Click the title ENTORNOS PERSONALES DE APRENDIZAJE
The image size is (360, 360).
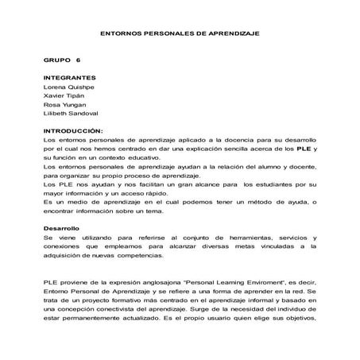pyautogui.click(x=180, y=34)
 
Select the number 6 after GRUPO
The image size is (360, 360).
pyautogui.click(x=79, y=60)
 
